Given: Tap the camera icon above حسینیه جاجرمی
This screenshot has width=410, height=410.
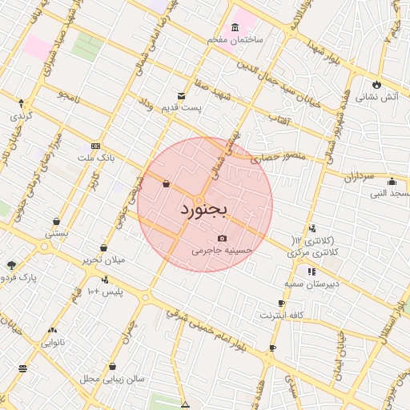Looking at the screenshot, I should [222, 239].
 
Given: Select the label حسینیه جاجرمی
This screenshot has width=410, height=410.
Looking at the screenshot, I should [222, 251].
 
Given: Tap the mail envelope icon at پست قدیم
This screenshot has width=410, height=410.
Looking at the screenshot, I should [182, 95].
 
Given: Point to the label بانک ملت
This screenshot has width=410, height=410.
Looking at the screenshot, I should [98, 159].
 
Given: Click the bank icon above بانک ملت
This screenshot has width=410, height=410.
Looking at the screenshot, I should [96, 147].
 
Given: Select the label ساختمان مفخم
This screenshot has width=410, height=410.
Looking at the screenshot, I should [239, 39].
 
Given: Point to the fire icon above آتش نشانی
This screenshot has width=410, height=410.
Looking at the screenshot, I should [376, 84].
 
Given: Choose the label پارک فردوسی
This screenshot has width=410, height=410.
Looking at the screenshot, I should [19, 278].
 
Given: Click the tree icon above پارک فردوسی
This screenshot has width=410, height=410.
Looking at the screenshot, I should [11, 265].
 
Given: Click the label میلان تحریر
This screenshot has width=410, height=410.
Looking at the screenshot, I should [103, 260].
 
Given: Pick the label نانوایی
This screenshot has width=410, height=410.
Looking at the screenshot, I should [54, 342].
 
